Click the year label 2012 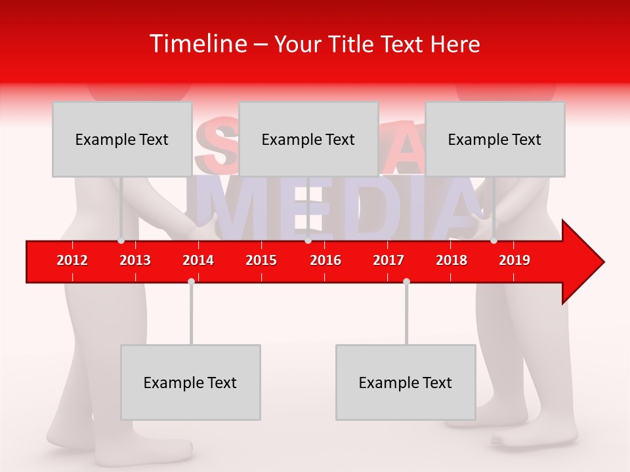(x=72, y=260)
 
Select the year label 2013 (x=135, y=260)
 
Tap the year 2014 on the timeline (x=198, y=260)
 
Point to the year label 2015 (x=261, y=260)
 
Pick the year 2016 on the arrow (x=325, y=260)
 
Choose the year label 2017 (x=388, y=260)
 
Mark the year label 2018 (x=451, y=260)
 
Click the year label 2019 (x=514, y=260)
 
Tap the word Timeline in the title (x=198, y=44)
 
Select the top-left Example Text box (x=122, y=139)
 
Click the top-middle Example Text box (x=308, y=139)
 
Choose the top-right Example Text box (x=495, y=139)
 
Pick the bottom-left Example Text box (x=190, y=382)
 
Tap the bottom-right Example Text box (x=406, y=382)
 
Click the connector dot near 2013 (x=121, y=241)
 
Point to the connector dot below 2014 (x=191, y=281)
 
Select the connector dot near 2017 (x=406, y=281)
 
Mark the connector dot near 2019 (x=493, y=241)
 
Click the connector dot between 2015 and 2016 (x=308, y=241)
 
